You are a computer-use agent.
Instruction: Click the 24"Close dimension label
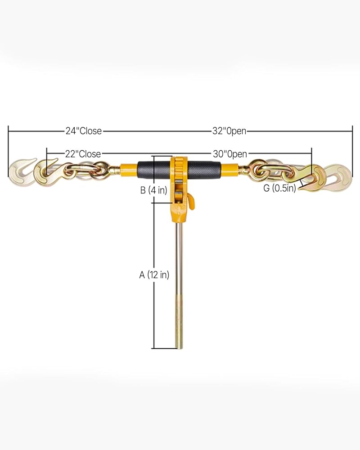point(84,131)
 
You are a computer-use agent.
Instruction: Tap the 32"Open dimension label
point(229,131)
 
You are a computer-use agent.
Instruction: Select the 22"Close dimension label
point(83,154)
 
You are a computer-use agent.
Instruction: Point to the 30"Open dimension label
point(230,154)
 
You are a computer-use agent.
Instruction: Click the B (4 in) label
point(153,190)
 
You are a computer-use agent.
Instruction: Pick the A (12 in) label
point(154,275)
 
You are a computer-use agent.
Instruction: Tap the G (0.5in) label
point(279,188)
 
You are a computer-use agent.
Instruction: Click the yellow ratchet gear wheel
point(179,167)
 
